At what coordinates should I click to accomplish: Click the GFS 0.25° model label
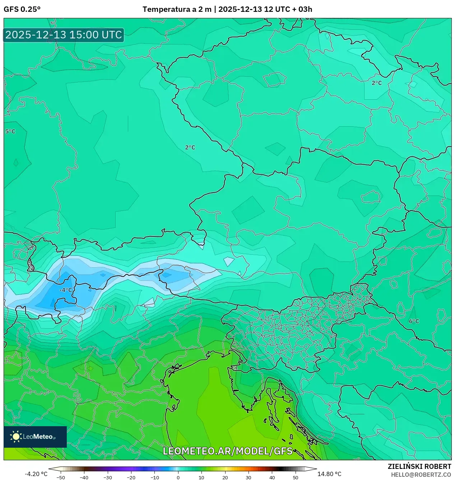point(22,9)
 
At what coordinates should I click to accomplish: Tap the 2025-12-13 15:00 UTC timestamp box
point(64,35)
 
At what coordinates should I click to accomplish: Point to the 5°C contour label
point(10,132)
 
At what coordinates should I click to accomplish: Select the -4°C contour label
point(65,290)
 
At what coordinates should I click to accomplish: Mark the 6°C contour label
point(414,321)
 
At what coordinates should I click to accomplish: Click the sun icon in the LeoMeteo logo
point(16,436)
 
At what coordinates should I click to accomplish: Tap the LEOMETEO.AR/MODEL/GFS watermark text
point(228,451)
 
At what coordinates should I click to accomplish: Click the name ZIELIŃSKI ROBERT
point(419,466)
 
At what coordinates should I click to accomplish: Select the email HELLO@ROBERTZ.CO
point(421,475)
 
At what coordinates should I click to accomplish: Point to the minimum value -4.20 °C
point(36,474)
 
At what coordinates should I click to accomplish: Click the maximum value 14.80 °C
point(329,474)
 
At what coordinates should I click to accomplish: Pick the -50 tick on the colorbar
point(61,477)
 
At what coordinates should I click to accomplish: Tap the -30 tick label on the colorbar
point(108,477)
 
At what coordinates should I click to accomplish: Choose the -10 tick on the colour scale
point(154,477)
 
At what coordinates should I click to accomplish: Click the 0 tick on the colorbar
point(178,477)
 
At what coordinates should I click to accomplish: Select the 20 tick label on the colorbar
point(225,477)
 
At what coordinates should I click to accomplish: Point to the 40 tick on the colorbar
point(272,477)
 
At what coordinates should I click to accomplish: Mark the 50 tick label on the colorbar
point(295,477)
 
